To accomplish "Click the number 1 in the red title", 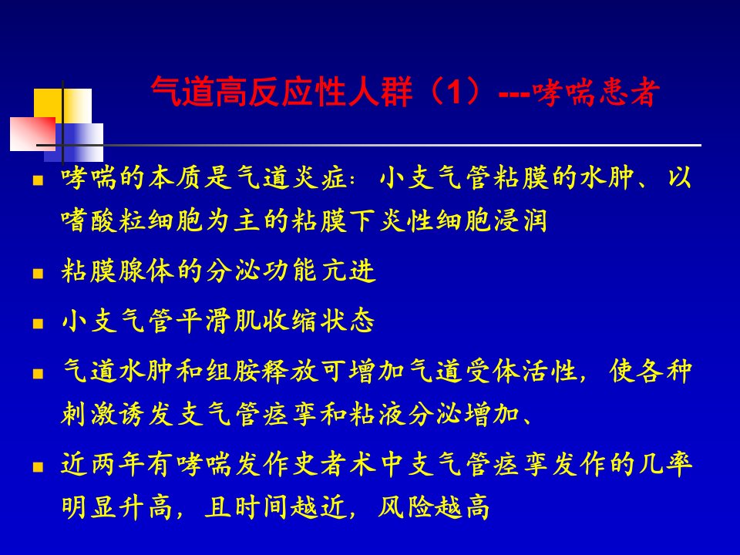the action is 454,91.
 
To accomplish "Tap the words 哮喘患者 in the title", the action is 596,92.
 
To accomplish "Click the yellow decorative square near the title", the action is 62,106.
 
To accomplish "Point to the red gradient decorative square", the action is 32,134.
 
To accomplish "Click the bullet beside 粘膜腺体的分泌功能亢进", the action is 39,273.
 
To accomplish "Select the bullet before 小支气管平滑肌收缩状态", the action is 39,323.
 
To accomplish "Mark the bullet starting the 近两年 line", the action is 39,467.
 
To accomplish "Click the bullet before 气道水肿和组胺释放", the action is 39,374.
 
